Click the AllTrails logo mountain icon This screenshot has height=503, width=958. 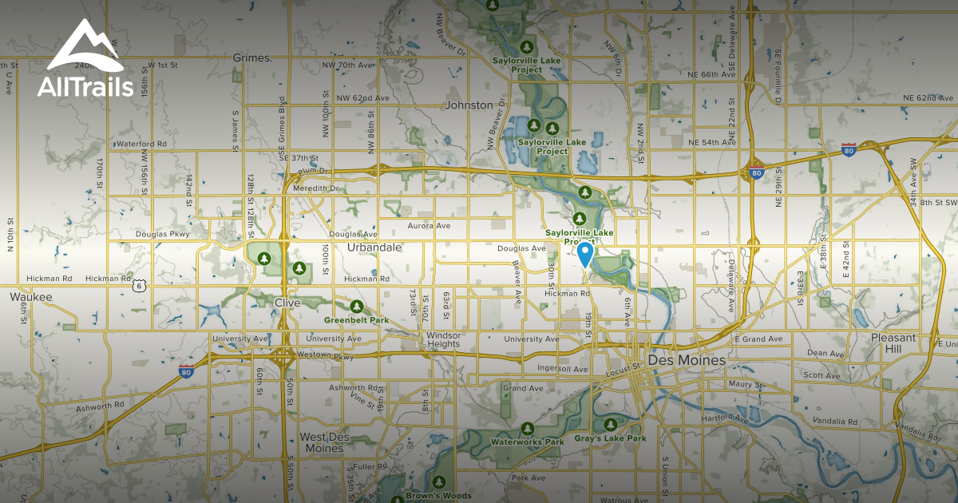click(x=85, y=46)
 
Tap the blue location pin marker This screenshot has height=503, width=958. click(x=584, y=254)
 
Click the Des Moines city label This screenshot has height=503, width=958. click(x=687, y=361)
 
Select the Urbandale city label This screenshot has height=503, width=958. click(x=374, y=248)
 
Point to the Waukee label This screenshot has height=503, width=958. click(x=31, y=297)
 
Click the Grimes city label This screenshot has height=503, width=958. click(x=252, y=58)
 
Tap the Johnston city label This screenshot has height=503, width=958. click(x=469, y=105)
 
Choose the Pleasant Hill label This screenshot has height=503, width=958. click(x=894, y=343)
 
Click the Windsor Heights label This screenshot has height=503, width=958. click(x=443, y=339)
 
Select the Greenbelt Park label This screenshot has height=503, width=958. click(x=356, y=320)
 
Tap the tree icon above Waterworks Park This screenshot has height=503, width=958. click(x=527, y=429)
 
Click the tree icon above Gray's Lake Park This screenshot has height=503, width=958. click(x=611, y=425)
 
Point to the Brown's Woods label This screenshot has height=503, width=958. click(x=439, y=496)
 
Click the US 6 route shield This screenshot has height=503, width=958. click(x=140, y=285)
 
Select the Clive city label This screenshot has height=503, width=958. click(x=287, y=303)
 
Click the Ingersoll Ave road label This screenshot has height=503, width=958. click(x=562, y=368)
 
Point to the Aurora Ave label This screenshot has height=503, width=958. click(x=430, y=227)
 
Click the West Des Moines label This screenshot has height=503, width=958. click(x=322, y=442)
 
